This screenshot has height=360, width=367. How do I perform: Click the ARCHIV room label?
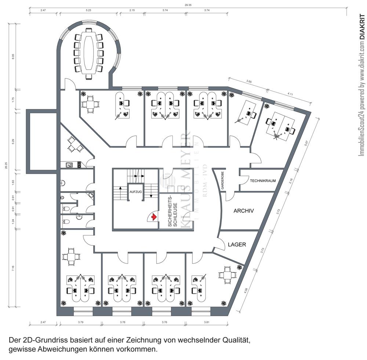pos(244,211)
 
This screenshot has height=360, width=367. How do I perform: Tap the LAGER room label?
pos(237,244)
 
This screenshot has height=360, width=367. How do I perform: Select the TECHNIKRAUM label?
pos(263,181)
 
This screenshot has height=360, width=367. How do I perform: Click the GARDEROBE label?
pos(222,180)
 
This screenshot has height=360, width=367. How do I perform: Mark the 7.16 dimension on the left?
pos(13,269)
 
